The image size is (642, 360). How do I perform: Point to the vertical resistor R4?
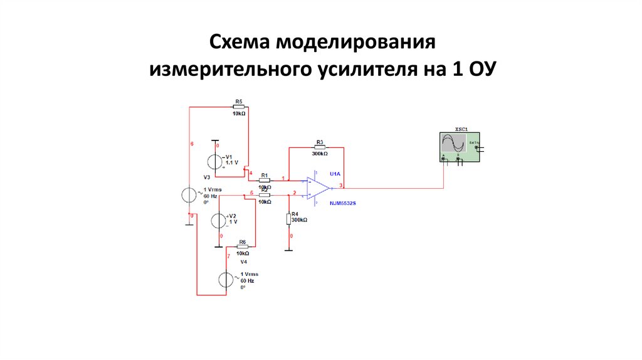coord(288,219)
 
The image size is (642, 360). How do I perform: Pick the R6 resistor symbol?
coord(242,246)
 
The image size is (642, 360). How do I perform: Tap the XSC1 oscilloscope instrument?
coord(460,146)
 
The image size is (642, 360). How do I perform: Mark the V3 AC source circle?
coord(190,194)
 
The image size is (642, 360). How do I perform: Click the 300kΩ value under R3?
coord(319,154)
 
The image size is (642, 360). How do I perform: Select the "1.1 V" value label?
coord(233,162)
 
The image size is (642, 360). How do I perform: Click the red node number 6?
coord(192,144)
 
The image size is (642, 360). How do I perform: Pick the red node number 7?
coord(228,257)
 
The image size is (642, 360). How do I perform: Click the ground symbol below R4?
coord(288,249)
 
